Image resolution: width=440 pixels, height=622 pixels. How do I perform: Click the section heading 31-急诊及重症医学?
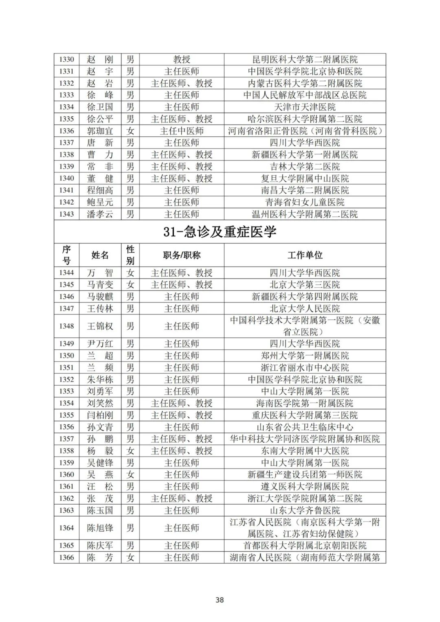(220, 232)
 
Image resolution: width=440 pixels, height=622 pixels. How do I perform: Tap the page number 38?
(220, 600)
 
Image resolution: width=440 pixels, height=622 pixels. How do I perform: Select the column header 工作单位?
(305, 255)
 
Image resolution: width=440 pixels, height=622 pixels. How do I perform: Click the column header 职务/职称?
(182, 255)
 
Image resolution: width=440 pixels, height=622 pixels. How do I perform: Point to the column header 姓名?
(100, 255)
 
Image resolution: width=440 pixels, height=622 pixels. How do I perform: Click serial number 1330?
(66, 59)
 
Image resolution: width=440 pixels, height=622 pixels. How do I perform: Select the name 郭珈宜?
(100, 131)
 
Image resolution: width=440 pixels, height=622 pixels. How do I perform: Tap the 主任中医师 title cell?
(182, 131)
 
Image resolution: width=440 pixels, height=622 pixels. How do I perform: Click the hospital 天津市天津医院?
(305, 107)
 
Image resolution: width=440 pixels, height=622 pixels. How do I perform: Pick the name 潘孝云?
(100, 214)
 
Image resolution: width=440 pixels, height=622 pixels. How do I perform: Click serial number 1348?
(66, 326)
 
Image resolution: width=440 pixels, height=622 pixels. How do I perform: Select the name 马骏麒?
(100, 297)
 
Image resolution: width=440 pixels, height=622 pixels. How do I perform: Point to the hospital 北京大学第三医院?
(305, 285)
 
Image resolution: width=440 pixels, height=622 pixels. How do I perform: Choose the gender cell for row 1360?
(130, 475)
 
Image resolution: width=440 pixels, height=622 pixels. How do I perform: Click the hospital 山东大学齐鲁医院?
(305, 510)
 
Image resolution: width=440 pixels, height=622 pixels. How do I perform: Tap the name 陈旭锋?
(100, 528)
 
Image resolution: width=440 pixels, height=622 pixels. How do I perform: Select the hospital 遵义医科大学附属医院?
(305, 486)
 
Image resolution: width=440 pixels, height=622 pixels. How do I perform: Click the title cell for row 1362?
(182, 498)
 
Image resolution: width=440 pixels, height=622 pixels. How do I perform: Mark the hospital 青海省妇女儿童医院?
(305, 202)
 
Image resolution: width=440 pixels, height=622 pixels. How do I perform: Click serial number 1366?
(66, 557)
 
